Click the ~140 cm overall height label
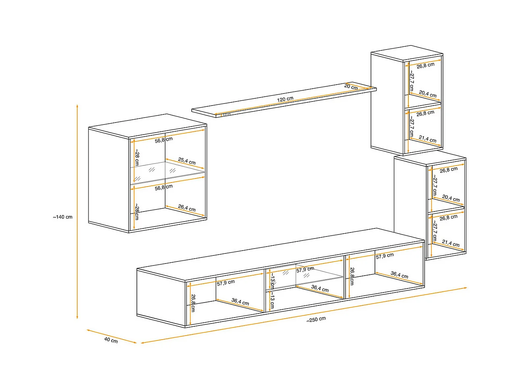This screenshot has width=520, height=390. click(63, 217)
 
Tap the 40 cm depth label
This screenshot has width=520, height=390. click(111, 340)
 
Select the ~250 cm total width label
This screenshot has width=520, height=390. click(316, 319)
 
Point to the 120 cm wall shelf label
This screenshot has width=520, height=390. click(285, 99)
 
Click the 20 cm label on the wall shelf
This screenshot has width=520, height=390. click(351, 87)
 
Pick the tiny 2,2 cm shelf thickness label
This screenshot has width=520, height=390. click(227, 114)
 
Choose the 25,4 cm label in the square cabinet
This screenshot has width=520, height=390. click(187, 161)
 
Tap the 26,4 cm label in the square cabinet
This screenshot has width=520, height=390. click(187, 208)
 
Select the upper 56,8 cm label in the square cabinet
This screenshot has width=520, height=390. click(164, 140)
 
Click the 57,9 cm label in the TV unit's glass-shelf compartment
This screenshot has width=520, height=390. click(305, 270)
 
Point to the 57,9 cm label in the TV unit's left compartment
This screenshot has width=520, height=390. click(226, 282)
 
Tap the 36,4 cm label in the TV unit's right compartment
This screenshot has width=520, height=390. click(399, 275)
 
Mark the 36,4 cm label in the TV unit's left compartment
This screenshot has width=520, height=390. click(240, 302)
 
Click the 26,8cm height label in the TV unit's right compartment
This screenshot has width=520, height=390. click(352, 276)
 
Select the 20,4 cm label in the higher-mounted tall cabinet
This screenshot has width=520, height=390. click(427, 94)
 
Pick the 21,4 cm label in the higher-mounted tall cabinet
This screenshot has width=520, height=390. click(427, 139)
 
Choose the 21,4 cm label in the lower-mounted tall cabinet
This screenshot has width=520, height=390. click(450, 243)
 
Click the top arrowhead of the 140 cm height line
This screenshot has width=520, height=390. click(77, 106)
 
